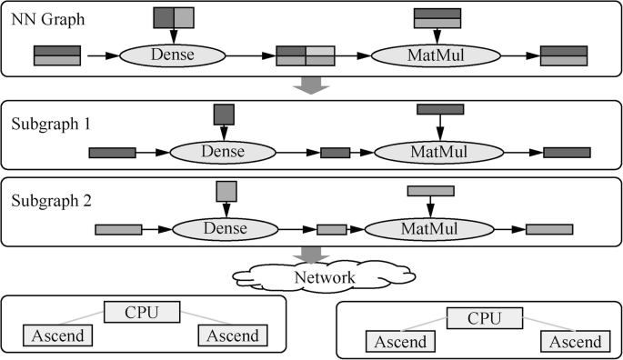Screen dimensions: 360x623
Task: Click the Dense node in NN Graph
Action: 172,56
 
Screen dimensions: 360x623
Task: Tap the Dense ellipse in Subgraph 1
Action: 223,153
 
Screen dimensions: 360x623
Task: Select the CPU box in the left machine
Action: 140,313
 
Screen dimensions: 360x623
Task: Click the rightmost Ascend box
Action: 571,342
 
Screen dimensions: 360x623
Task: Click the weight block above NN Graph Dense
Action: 173,17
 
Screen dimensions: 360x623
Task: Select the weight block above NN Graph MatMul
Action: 437,17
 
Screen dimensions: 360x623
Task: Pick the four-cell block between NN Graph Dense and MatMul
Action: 306,56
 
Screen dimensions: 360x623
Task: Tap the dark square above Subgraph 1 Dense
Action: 224,114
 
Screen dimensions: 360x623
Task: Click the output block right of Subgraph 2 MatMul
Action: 549,229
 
